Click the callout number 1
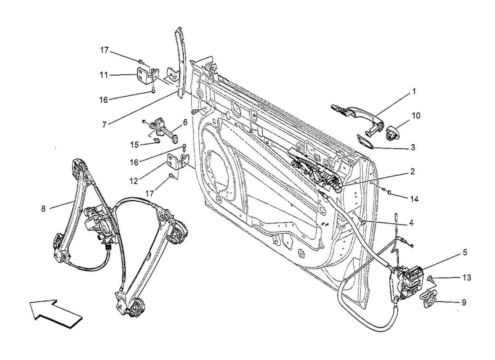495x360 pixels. point(414,91)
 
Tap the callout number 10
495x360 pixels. point(416,116)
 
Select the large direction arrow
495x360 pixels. point(56,313)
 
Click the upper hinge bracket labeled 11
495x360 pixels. point(146,75)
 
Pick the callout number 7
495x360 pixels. point(104,125)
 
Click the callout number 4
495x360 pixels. point(411,222)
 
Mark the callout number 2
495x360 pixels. point(412,171)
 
